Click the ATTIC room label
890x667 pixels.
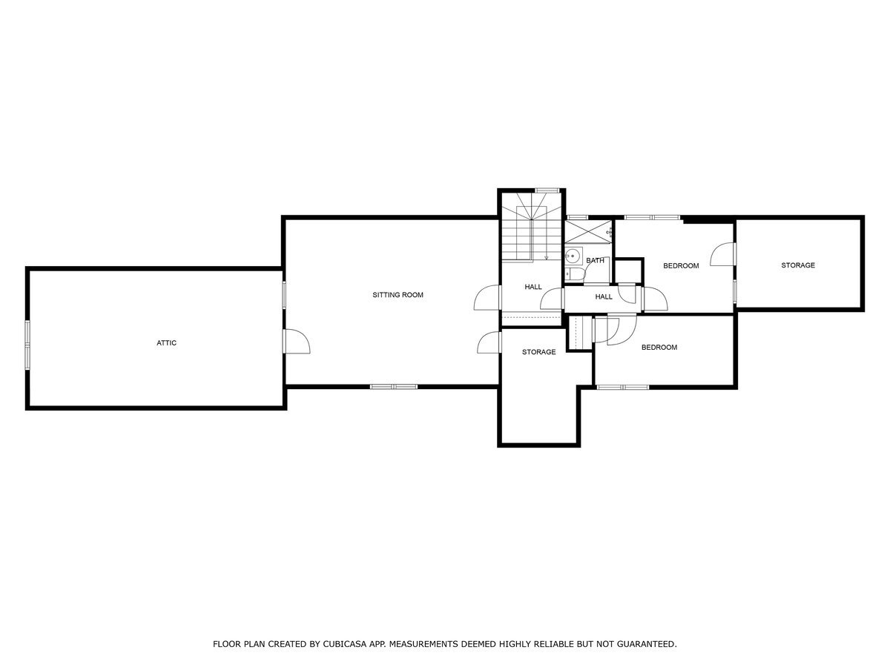click(x=166, y=343)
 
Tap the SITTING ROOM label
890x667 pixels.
click(x=398, y=295)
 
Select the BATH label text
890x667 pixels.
click(x=595, y=260)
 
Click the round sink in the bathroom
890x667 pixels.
click(x=573, y=256)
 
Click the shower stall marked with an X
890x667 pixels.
click(x=588, y=232)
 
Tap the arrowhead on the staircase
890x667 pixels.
click(x=546, y=257)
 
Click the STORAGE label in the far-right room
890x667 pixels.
click(x=798, y=265)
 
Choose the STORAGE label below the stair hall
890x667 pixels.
click(x=538, y=352)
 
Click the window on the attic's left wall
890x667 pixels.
click(x=27, y=345)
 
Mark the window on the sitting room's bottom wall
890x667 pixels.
click(x=394, y=387)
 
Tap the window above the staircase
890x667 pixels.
click(x=547, y=190)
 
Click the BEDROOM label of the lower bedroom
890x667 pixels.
click(x=659, y=347)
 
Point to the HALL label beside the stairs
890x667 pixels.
click(x=533, y=287)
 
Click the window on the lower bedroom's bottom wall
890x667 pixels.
click(x=623, y=387)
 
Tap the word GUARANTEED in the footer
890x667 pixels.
click(x=647, y=644)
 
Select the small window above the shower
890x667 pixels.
click(x=577, y=217)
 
